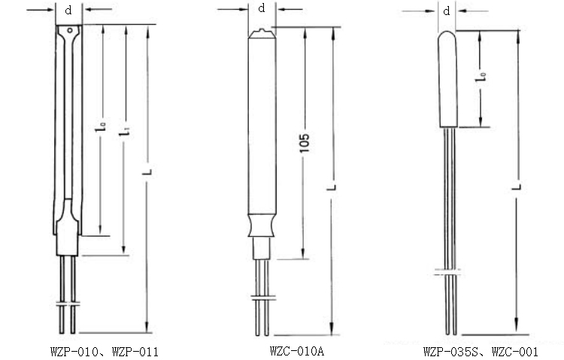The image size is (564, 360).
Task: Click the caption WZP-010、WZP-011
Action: tap(105, 352)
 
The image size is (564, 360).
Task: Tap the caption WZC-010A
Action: tap(297, 351)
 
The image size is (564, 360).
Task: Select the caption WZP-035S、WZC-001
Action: tap(481, 352)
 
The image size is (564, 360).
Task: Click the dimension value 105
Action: tap(305, 143)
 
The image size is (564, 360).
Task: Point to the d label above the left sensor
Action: tap(68, 10)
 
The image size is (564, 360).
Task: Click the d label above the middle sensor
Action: tap(262, 8)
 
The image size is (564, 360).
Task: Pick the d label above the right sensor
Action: tap(447, 11)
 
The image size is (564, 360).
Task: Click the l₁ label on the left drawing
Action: tap(124, 132)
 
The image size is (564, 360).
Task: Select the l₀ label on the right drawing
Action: tap(481, 77)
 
